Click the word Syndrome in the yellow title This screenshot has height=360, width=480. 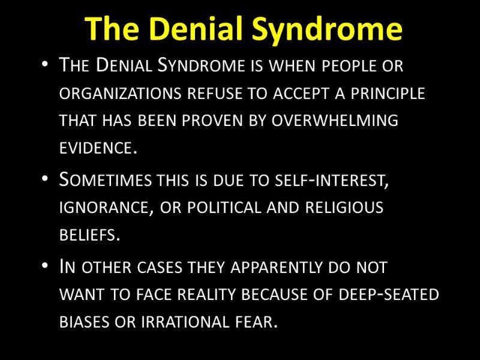326,29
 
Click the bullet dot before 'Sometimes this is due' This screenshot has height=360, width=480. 44,178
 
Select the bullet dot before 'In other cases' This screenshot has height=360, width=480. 44,265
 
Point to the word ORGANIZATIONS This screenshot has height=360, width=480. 121,93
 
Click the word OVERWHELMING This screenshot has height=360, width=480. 335,120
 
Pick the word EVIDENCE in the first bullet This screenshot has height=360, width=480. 96,148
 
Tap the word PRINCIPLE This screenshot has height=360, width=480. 388,93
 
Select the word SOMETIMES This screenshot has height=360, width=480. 106,179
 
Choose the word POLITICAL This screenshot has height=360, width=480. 223,207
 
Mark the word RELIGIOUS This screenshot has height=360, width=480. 344,207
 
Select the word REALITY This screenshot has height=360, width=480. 206,294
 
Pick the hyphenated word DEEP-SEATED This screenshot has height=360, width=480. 389,294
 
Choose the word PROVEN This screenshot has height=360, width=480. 213,120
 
